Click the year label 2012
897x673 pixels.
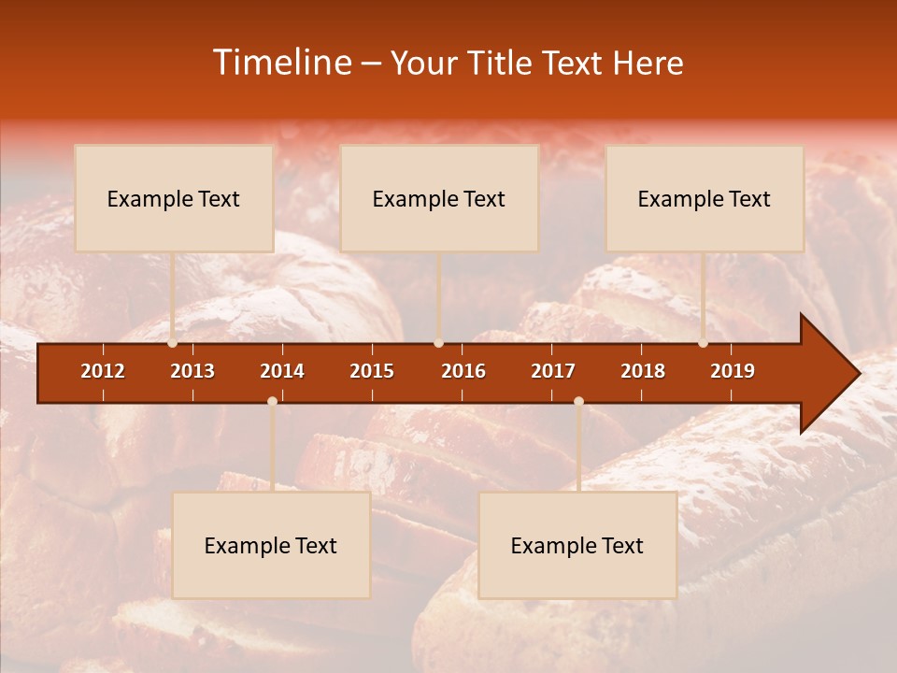pyautogui.click(x=103, y=371)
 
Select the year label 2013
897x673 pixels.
pyautogui.click(x=192, y=371)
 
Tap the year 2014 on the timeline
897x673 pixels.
pyautogui.click(x=282, y=371)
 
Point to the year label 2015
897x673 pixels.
pyautogui.click(x=372, y=371)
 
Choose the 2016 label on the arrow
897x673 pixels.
pyautogui.click(x=463, y=371)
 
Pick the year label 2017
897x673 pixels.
pyautogui.click(x=553, y=371)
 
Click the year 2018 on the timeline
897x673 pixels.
pyautogui.click(x=643, y=371)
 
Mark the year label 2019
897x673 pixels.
pyautogui.click(x=733, y=371)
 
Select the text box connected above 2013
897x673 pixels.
pyautogui.click(x=174, y=198)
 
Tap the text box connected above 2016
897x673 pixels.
pyautogui.click(x=439, y=198)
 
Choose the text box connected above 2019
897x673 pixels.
pyautogui.click(x=705, y=198)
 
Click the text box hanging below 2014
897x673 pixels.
pyautogui.click(x=271, y=545)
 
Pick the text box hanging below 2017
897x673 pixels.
pyautogui.click(x=577, y=545)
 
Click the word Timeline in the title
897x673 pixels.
pyautogui.click(x=283, y=63)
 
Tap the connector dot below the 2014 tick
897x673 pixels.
pyautogui.click(x=272, y=401)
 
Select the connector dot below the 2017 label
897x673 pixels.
pyautogui.click(x=578, y=401)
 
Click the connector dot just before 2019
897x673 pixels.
pyautogui.click(x=704, y=343)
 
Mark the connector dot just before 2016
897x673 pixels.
pyautogui.click(x=438, y=343)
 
